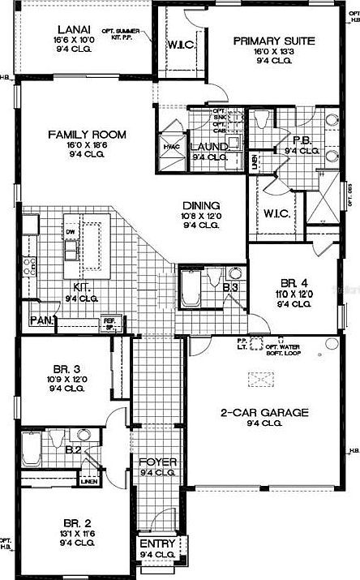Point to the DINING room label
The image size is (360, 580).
coord(197,206)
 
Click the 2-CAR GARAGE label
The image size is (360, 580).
coord(264,412)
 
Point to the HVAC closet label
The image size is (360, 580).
coord(171,147)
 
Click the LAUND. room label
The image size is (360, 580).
coord(208,147)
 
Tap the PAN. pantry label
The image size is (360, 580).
coord(41,320)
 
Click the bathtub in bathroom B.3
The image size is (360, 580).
coord(192,290)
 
